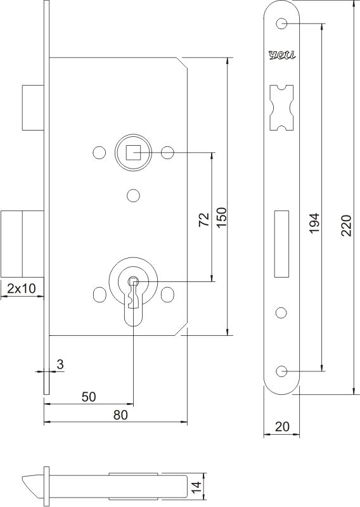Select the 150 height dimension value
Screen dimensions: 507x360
tap(221, 219)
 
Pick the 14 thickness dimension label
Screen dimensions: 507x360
tap(197, 487)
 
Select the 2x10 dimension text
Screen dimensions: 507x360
tap(21, 288)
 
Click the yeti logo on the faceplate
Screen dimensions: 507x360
tap(281, 55)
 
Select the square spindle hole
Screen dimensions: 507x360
tap(132, 152)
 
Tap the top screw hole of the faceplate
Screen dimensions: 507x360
tap(281, 24)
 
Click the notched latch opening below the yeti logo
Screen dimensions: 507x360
tap(281, 108)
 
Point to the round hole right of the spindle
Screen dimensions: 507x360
tap(167, 152)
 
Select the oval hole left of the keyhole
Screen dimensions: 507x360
tap(98, 295)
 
